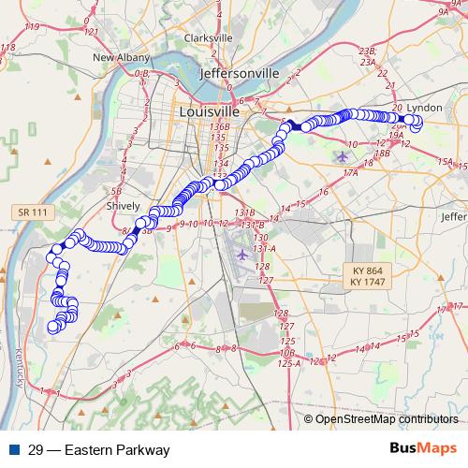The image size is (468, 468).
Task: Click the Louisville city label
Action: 209,111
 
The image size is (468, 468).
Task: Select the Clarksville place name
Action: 208,37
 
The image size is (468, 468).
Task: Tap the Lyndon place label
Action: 424,108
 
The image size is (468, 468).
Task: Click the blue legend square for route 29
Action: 12,449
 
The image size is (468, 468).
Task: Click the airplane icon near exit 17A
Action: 343,155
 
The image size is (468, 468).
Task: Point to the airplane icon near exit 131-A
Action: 244,255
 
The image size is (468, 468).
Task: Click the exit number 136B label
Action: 220,126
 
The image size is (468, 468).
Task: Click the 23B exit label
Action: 367,51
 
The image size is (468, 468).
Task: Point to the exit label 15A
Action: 445,162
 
